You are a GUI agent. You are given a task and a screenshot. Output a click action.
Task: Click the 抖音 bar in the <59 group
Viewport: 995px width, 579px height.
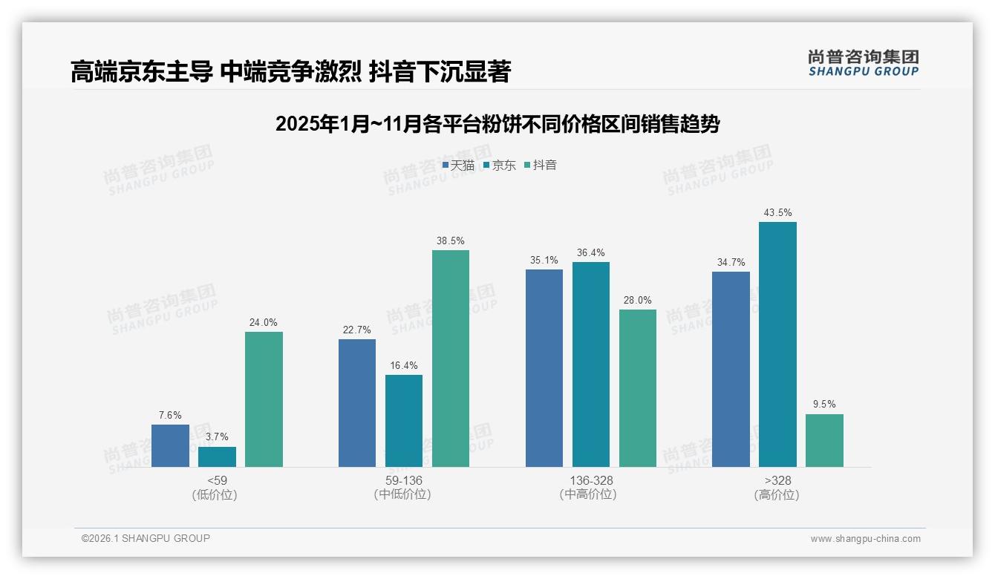[x=264, y=399]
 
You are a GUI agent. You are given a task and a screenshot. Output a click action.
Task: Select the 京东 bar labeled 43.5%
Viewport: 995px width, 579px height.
[x=777, y=344]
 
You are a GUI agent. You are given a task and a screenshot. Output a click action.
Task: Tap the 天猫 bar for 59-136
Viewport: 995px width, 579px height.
[x=357, y=403]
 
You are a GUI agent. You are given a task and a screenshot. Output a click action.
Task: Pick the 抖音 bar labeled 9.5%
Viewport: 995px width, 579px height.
[x=824, y=440]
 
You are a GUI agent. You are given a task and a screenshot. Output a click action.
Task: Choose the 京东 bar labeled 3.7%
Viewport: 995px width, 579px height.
[x=217, y=457]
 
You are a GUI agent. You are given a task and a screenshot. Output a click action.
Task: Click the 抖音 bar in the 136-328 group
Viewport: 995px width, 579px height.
[x=638, y=388]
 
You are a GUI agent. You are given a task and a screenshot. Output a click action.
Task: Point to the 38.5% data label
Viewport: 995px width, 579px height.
[x=451, y=241]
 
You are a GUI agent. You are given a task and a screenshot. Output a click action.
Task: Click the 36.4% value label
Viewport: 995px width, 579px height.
[x=590, y=253]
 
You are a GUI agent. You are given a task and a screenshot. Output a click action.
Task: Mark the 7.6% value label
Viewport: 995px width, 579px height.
[x=170, y=416]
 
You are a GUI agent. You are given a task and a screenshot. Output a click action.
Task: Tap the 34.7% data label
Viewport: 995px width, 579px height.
[x=731, y=263]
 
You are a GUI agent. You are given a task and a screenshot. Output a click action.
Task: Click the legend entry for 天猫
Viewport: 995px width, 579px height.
[x=458, y=166]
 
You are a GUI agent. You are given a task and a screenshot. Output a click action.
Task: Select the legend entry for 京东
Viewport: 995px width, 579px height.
[x=499, y=166]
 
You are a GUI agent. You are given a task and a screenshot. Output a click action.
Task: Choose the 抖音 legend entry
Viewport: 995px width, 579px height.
[x=541, y=166]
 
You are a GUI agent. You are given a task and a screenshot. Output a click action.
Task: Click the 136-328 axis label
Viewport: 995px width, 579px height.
[x=591, y=481]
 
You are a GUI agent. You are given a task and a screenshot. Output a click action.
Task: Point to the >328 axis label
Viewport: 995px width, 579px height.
[x=777, y=481]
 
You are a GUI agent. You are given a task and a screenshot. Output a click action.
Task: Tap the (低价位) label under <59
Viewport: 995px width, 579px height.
[x=216, y=495]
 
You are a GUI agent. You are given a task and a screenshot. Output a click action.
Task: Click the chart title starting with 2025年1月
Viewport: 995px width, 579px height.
[x=497, y=123]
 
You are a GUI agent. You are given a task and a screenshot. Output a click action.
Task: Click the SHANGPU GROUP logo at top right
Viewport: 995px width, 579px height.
[x=863, y=62]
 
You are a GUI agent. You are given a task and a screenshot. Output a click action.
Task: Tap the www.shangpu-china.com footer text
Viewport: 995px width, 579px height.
[x=865, y=539]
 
